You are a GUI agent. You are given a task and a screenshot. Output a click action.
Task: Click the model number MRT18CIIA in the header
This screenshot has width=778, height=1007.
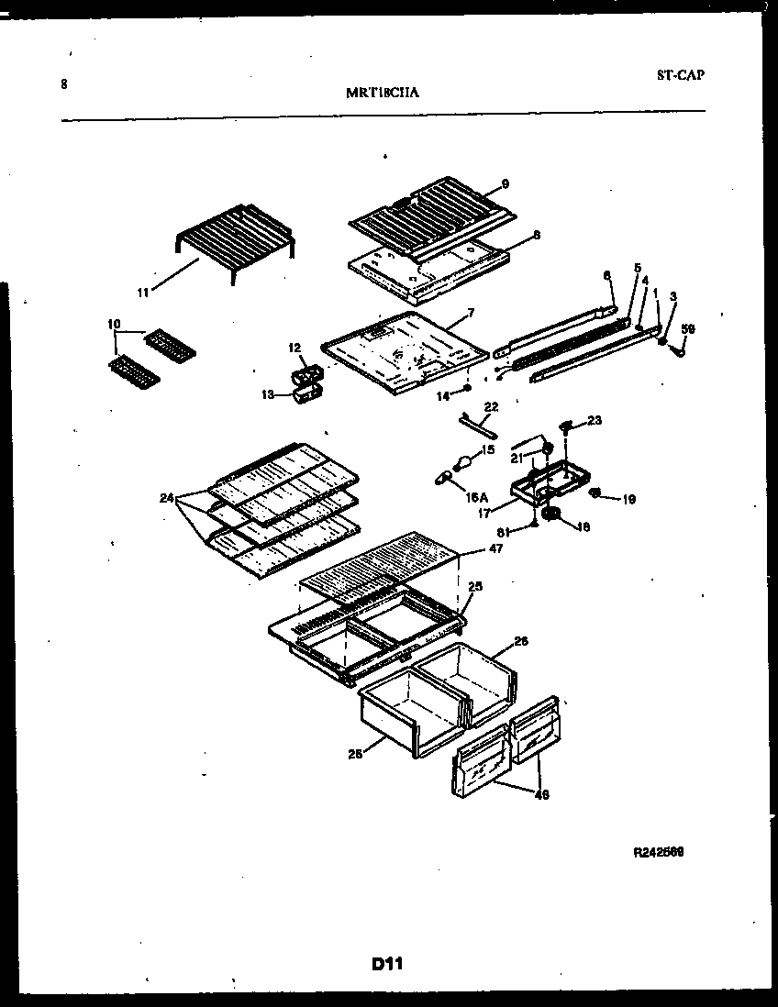tap(384, 92)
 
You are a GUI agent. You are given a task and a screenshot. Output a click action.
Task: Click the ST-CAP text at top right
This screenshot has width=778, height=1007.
tap(680, 75)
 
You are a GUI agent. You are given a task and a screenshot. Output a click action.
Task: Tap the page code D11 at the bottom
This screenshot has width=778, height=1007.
tap(388, 964)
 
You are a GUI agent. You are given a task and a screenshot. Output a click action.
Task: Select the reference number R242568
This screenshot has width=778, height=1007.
tap(658, 851)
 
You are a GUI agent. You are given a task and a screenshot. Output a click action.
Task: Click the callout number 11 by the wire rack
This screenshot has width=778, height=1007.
tap(143, 293)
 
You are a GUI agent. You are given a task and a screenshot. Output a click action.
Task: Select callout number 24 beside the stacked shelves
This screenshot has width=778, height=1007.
tap(166, 498)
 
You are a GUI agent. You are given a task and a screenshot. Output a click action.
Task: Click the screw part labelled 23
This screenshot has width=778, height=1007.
tap(566, 424)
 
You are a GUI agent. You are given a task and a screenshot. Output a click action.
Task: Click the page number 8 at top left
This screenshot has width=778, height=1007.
tap(64, 84)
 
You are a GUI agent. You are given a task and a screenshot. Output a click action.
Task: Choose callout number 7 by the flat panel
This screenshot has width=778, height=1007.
tap(471, 313)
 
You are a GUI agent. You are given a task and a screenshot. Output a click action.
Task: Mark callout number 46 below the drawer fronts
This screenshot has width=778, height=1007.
tap(541, 794)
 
